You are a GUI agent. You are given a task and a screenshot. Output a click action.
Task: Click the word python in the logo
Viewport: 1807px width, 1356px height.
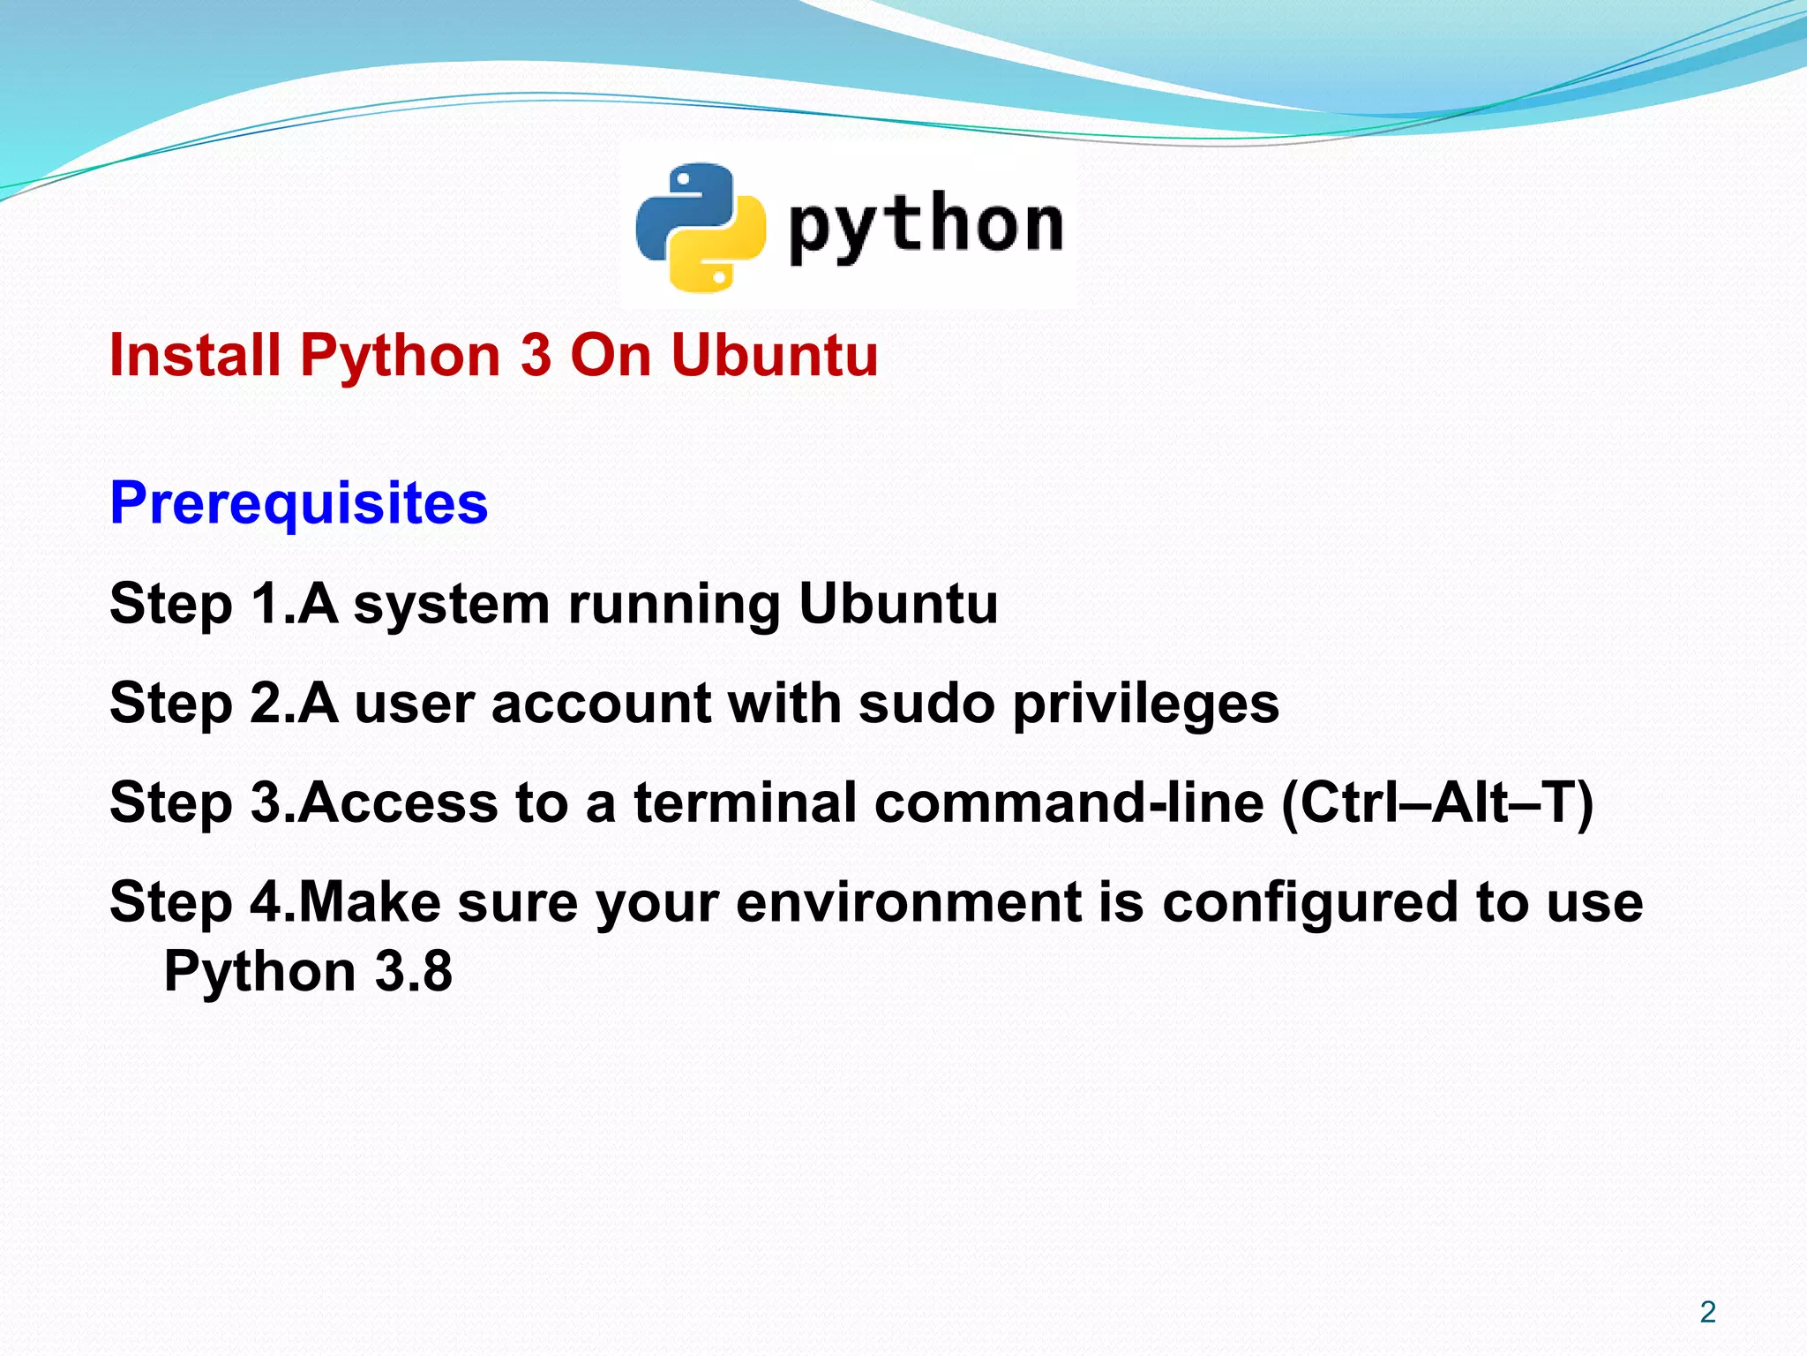click(x=926, y=226)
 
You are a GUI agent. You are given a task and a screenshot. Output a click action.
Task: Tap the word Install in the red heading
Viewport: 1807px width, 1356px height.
click(x=195, y=356)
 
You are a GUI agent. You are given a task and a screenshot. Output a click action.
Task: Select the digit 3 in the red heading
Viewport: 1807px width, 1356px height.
click(x=536, y=356)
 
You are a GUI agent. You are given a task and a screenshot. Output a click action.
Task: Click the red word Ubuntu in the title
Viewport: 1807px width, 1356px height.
click(x=774, y=356)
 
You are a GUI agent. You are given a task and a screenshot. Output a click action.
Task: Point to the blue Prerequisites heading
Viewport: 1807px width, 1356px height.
click(x=298, y=503)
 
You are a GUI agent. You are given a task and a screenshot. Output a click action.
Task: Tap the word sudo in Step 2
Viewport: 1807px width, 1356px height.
click(x=926, y=704)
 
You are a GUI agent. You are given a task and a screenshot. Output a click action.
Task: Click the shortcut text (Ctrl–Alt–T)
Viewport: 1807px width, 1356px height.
click(x=1436, y=803)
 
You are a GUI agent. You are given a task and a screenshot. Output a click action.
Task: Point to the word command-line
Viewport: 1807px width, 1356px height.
click(x=1069, y=803)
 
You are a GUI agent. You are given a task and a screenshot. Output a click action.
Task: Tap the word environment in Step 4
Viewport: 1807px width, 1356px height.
click(x=908, y=903)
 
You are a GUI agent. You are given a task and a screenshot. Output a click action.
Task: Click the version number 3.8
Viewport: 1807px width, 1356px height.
click(x=414, y=972)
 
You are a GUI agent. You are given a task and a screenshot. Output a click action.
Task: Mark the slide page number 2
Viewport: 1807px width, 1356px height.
click(x=1707, y=1313)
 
